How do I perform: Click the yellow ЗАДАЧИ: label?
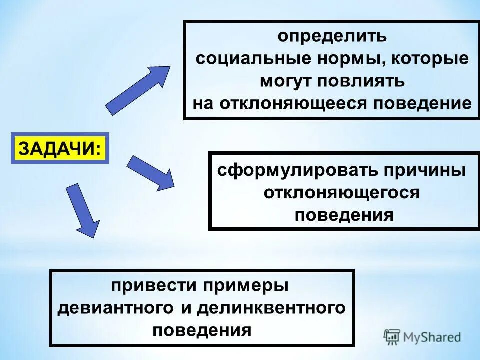pyautogui.click(x=59, y=148)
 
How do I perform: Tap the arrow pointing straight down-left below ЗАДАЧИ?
pyautogui.click(x=82, y=209)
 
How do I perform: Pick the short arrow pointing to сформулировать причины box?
pyautogui.click(x=151, y=172)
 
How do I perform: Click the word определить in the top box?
pyautogui.click(x=332, y=36)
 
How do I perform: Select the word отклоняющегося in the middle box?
pyautogui.click(x=342, y=193)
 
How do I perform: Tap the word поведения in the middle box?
pyautogui.click(x=344, y=215)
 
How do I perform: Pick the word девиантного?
pyautogui.click(x=116, y=308)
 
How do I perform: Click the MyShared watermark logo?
pyautogui.click(x=422, y=336)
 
